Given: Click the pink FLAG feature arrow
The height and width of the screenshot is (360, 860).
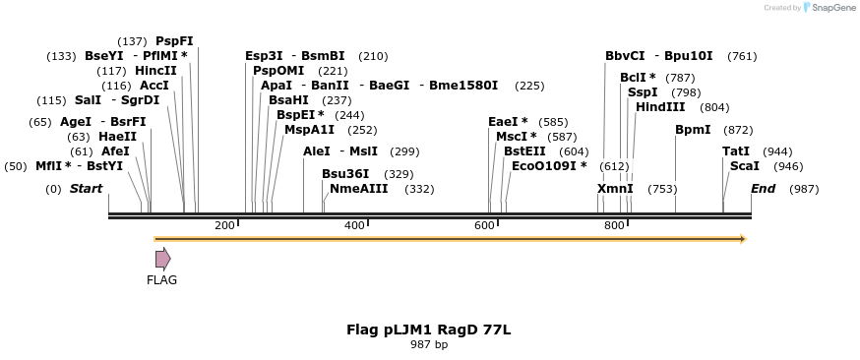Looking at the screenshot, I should point(162,259).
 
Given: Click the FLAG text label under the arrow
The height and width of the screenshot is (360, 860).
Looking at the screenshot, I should point(161,280).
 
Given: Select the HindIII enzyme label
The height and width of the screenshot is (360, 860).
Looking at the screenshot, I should point(660,107).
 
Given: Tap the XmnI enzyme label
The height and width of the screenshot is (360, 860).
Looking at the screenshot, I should point(615,188).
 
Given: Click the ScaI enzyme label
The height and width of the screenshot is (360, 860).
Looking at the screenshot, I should point(744,166).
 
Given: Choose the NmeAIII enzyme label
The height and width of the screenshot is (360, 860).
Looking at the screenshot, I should point(358,188).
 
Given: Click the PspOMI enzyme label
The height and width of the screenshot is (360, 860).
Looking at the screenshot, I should point(278,71).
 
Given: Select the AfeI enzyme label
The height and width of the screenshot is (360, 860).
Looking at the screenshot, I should point(115,151).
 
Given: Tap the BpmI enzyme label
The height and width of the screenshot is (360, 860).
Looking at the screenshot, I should point(693,130).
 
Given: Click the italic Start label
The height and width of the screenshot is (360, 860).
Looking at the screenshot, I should point(86,188).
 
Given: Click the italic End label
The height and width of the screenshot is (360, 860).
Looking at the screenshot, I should point(763,188).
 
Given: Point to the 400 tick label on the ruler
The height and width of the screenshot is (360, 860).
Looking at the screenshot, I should point(354,226).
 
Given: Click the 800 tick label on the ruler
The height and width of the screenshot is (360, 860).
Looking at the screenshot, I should point(614,226).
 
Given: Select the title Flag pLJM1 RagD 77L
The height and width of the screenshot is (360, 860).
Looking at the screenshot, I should point(428,330).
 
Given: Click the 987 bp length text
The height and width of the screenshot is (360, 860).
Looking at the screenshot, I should point(428,344).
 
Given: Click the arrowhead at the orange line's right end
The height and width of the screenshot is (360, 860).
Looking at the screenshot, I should point(743,239).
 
